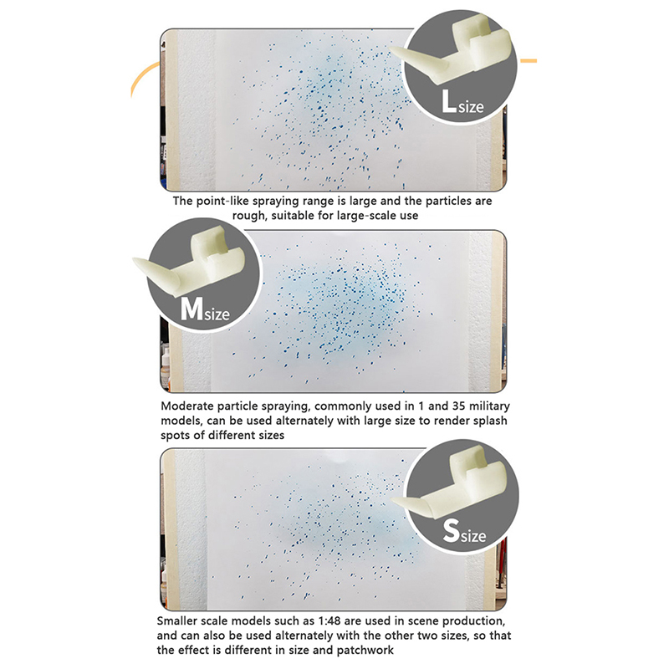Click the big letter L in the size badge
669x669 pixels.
[448, 101]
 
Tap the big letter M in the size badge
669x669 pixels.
[192, 308]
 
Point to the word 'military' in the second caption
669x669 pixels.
[489, 406]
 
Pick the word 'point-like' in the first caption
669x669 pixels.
[222, 201]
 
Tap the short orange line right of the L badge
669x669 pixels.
[527, 61]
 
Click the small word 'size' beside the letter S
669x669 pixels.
[473, 535]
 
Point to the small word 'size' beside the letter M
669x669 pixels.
[217, 314]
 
